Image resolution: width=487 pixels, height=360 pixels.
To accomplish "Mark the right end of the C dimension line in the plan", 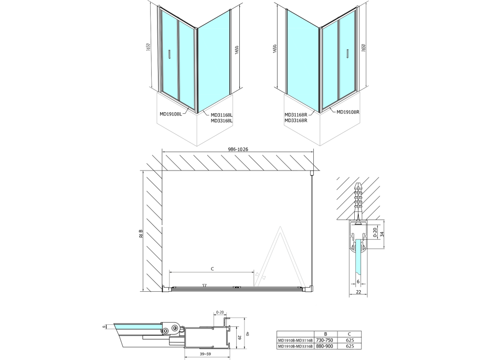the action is click(x=254, y=272).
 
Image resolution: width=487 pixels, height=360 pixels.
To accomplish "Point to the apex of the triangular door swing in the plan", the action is click(x=280, y=227).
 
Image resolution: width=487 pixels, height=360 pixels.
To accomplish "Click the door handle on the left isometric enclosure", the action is click(x=169, y=54).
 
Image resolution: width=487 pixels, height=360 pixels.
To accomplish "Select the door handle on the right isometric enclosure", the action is click(x=348, y=54).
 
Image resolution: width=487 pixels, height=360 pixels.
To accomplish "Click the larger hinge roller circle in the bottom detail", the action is click(x=175, y=329).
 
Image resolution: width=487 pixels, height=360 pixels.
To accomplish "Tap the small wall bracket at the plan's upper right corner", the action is click(x=312, y=172).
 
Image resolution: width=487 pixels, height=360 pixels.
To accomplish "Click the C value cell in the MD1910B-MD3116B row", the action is click(x=350, y=340).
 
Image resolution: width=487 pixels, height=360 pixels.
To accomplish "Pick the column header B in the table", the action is click(x=325, y=334).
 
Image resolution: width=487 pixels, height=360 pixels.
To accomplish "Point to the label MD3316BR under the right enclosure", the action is click(x=296, y=121).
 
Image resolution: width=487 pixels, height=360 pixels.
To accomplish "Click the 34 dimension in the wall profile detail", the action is click(x=382, y=234).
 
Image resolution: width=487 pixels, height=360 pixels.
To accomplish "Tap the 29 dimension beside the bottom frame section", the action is click(x=239, y=337).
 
